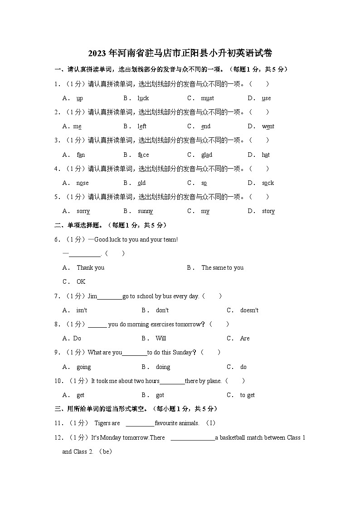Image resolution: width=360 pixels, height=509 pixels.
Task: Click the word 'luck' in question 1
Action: pos(143,98)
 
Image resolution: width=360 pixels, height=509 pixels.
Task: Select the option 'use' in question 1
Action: pos(266,98)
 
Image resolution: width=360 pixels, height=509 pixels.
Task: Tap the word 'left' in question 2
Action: pos(142,126)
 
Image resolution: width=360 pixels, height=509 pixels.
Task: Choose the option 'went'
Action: pos(268,126)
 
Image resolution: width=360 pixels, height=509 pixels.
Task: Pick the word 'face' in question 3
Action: pos(143,155)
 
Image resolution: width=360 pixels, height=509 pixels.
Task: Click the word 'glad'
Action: pos(207,155)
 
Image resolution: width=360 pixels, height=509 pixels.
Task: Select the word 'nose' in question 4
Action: pos(83,183)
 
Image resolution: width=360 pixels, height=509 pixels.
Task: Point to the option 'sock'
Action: pos(268,183)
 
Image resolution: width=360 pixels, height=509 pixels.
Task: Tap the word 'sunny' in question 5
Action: pos(145,211)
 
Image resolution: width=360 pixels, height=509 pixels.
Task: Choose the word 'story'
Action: pos(268,211)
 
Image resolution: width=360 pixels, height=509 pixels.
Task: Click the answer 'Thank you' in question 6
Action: pos(90,268)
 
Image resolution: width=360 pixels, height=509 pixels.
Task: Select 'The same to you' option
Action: pos(222,268)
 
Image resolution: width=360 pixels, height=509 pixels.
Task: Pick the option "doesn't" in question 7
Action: pos(249,310)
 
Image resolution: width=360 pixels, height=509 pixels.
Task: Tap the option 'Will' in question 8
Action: pos(161,339)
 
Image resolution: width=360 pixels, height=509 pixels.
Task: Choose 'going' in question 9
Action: pos(83,367)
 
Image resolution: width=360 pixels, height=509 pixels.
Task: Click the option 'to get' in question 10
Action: pos(248,395)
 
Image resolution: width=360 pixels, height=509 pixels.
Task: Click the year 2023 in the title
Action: pos(96,53)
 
